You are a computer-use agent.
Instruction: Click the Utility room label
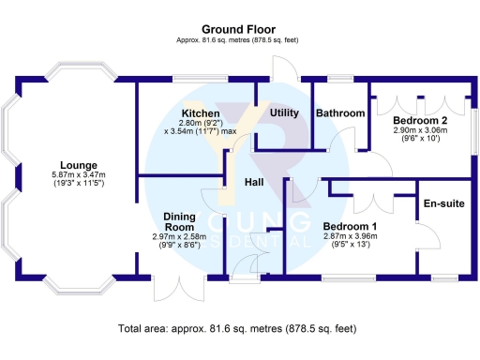(284, 113)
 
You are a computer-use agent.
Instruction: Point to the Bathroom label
(339, 113)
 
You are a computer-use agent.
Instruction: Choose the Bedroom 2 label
(420, 122)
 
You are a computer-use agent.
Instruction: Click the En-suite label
(444, 203)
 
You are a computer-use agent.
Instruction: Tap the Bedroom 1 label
(350, 226)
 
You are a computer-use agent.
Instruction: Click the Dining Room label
(179, 221)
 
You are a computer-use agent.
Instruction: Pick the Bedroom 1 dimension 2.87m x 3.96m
(350, 237)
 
